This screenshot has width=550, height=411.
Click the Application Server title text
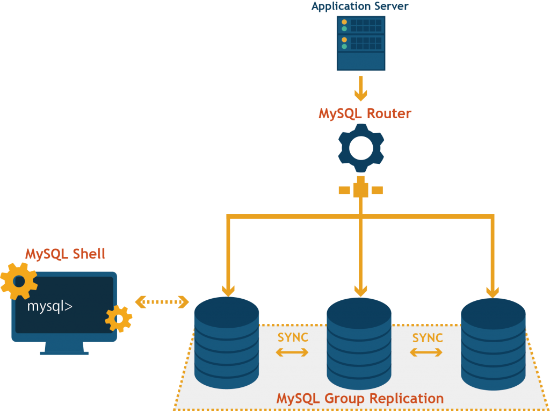[x=360, y=6]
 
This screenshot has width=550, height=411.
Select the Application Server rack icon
[x=361, y=43]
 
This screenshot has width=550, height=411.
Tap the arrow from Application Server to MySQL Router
[x=361, y=88]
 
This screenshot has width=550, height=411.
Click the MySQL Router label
[x=365, y=114]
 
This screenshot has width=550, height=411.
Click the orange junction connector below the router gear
[x=360, y=190]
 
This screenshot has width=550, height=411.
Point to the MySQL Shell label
[x=65, y=254]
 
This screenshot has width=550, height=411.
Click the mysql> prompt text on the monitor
[x=50, y=307]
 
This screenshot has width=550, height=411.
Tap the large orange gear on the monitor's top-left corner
[x=19, y=280]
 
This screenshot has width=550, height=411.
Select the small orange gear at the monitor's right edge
[x=119, y=319]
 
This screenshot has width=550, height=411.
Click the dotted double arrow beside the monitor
[x=162, y=302]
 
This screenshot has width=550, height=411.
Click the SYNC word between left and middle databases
[x=293, y=337]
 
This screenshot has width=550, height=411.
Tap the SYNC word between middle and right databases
[x=428, y=337]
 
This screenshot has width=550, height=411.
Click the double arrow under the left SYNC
[x=292, y=352]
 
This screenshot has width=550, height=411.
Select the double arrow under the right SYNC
[x=426, y=352]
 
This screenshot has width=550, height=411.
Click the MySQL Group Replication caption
[x=360, y=399]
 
